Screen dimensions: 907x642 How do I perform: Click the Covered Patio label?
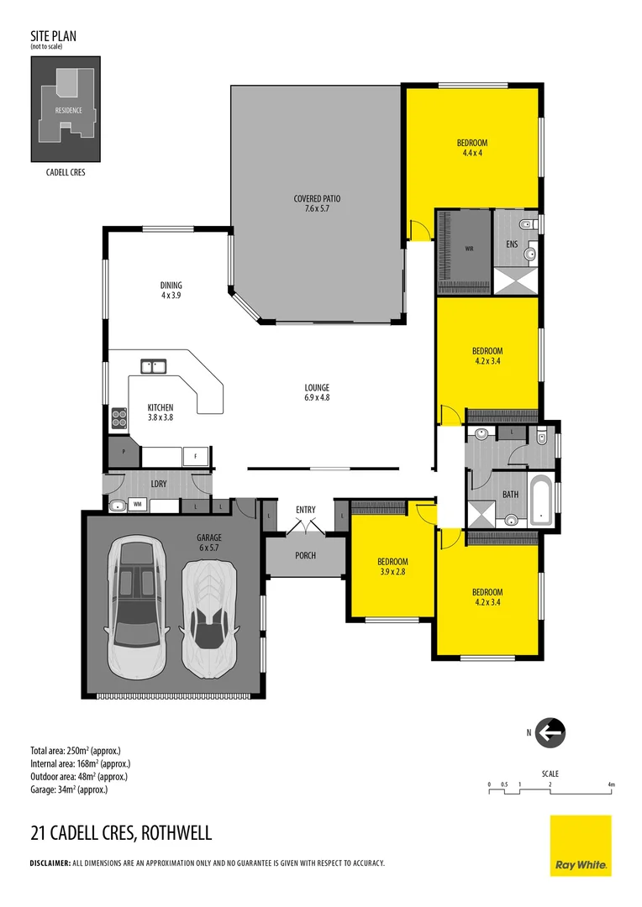[x=317, y=203]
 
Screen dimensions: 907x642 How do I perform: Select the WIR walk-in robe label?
[x=468, y=249]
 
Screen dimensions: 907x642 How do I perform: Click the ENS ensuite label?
[x=512, y=244]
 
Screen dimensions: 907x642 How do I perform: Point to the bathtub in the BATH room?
[x=540, y=501]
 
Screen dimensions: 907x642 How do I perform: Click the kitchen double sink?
[x=154, y=365]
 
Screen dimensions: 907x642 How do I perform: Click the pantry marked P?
[x=124, y=451]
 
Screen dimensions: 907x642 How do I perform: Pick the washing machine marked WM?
[x=137, y=505]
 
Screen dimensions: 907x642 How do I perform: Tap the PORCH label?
[x=305, y=555]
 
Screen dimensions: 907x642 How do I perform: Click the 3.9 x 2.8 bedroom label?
[x=392, y=566]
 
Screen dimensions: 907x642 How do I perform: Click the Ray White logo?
[x=581, y=845]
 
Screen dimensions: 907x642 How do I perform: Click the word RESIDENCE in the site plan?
[x=68, y=111]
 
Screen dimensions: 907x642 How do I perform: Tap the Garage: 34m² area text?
[x=69, y=789]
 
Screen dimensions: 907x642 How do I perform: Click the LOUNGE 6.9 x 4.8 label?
[x=317, y=392]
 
